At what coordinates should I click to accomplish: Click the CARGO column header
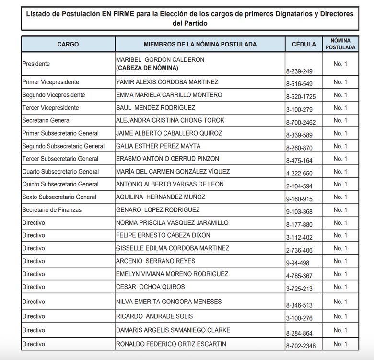click(68, 44)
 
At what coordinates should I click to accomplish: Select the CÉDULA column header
click(304, 44)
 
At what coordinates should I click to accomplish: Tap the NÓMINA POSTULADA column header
click(340, 44)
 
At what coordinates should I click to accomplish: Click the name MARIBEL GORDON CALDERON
click(160, 59)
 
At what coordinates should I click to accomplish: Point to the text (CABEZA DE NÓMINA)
click(147, 68)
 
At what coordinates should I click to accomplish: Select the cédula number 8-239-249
click(299, 71)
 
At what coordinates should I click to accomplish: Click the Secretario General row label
click(47, 120)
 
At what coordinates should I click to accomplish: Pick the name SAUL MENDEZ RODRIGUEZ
click(155, 108)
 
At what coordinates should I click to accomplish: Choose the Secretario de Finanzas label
click(52, 210)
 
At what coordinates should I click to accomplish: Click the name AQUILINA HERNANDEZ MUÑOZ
click(161, 197)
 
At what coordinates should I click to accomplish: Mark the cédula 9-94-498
click(298, 263)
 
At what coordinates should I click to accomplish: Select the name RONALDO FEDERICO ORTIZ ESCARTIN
click(171, 344)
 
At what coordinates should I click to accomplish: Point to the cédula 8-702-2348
click(301, 346)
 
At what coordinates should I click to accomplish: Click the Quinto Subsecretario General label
click(60, 184)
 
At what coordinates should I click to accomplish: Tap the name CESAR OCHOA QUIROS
click(151, 287)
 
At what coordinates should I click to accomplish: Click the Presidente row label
click(36, 64)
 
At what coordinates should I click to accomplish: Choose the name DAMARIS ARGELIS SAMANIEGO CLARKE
click(173, 330)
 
